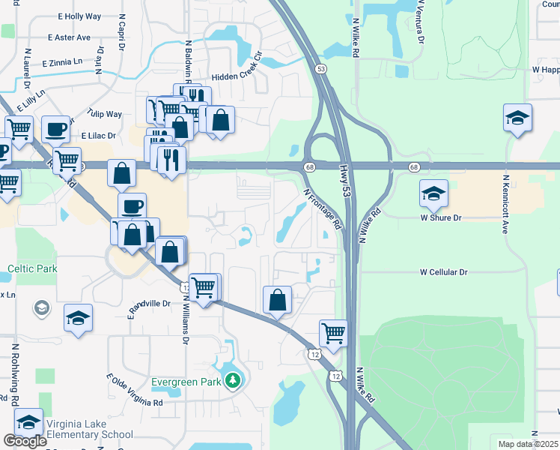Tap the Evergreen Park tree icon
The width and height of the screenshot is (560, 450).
tap(234, 381)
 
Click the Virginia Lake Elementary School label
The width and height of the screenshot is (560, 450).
tap(90, 427)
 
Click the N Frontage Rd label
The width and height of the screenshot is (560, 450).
tap(323, 208)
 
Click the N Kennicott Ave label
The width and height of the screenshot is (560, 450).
tap(505, 205)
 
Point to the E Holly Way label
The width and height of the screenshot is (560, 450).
tap(73, 16)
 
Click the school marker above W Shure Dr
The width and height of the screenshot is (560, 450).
tap(433, 194)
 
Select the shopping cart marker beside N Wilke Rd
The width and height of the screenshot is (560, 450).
tap(333, 332)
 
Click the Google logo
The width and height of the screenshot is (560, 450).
tap(25, 441)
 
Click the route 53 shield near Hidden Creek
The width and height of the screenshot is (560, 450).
tap(321, 68)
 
